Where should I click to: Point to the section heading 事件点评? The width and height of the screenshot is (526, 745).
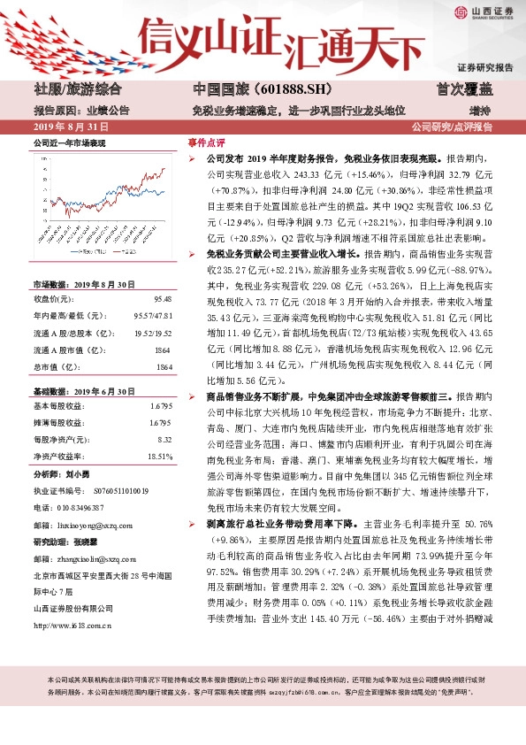[206, 142]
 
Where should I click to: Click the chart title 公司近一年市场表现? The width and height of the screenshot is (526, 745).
[69, 142]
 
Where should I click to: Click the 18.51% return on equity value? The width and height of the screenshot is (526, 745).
[160, 456]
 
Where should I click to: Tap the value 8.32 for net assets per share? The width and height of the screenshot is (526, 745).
[164, 439]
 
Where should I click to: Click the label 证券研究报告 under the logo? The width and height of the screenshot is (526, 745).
[485, 67]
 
